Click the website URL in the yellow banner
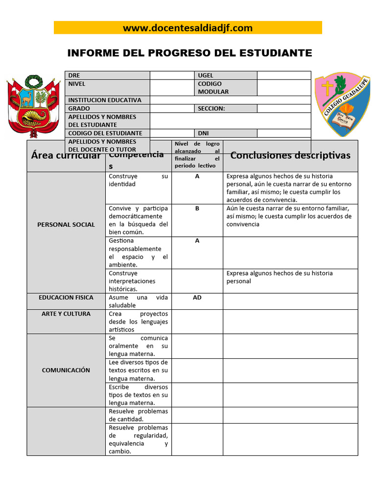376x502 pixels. [188, 28]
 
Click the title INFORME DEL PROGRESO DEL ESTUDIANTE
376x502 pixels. [189, 53]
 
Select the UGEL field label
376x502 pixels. [206, 75]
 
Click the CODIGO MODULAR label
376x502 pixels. [213, 88]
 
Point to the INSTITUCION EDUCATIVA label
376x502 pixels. [105, 100]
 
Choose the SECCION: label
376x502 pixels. [211, 108]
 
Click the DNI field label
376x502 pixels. [203, 133]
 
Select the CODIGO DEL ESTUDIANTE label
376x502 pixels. [105, 133]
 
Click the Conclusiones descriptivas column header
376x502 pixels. [290, 155]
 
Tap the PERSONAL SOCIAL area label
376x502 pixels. [66, 225]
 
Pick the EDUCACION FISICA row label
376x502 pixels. [66, 298]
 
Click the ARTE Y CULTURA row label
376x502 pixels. [66, 314]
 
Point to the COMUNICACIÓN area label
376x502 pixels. [66, 370]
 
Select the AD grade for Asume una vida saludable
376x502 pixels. [197, 298]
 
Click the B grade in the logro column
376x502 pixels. [197, 208]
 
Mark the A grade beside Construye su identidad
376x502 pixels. [197, 176]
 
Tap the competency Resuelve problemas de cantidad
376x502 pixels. [138, 415]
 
